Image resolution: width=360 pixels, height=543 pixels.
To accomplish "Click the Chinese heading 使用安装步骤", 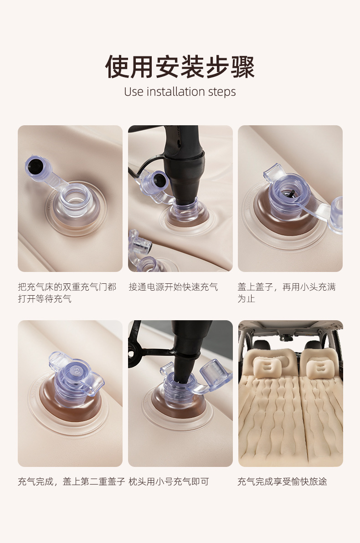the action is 180,67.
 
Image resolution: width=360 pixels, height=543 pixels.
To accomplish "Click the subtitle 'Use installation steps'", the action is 180,92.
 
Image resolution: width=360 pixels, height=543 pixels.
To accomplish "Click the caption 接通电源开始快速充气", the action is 173,287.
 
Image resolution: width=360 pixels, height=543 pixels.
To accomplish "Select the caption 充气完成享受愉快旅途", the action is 282,482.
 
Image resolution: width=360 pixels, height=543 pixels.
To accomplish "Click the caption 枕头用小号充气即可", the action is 169,482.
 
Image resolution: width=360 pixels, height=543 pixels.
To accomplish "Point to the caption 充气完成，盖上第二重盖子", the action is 72,482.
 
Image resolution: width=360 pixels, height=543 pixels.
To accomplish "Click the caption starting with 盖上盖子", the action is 287,292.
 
